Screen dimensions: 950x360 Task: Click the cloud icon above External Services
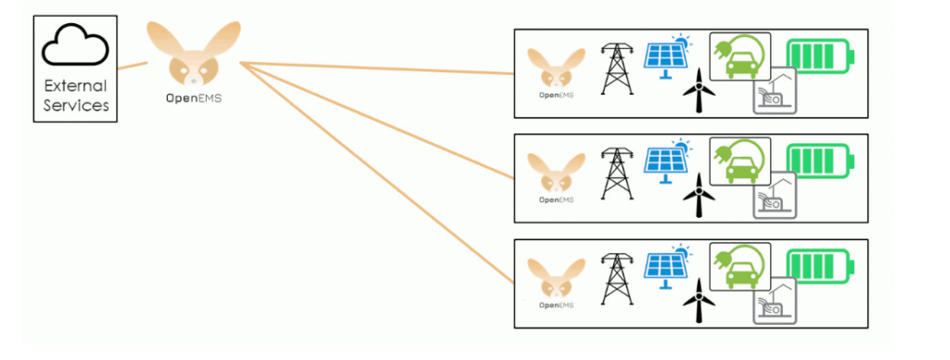click(75, 45)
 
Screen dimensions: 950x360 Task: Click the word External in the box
click(75, 85)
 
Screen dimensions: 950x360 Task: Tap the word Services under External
click(75, 106)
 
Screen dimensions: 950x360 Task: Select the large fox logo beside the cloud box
click(194, 55)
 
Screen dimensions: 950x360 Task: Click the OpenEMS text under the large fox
click(194, 97)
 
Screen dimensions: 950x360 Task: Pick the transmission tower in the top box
click(617, 69)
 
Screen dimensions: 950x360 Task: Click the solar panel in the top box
click(666, 57)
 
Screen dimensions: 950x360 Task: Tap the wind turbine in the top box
click(699, 90)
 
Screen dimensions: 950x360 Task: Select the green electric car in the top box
click(739, 57)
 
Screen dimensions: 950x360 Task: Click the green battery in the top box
click(820, 57)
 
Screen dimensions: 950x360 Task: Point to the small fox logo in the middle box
click(557, 173)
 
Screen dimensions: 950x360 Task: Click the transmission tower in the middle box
click(617, 174)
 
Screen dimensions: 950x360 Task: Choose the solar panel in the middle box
click(666, 161)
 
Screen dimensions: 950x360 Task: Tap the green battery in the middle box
click(820, 161)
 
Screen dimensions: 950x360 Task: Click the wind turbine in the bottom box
click(699, 301)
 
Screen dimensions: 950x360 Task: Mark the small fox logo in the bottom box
click(557, 277)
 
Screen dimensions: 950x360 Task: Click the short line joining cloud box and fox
click(132, 66)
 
